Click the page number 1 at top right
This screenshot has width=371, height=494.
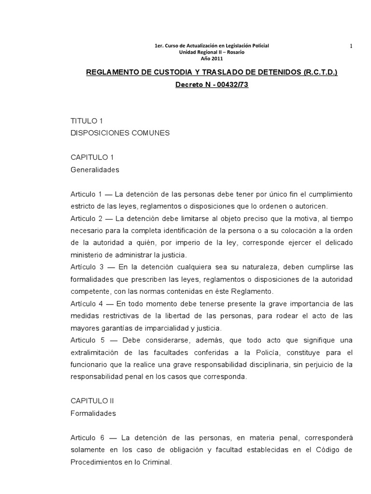pyautogui.click(x=351, y=46)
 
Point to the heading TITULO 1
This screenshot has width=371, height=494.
pyautogui.click(x=87, y=121)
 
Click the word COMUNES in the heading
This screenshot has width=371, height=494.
pyautogui.click(x=150, y=133)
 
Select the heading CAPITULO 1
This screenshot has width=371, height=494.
pyautogui.click(x=92, y=157)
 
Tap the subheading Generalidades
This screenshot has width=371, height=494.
pyautogui.click(x=95, y=170)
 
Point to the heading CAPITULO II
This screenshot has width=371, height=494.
pyautogui.click(x=93, y=401)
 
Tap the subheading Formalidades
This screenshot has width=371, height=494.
pyautogui.click(x=93, y=413)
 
